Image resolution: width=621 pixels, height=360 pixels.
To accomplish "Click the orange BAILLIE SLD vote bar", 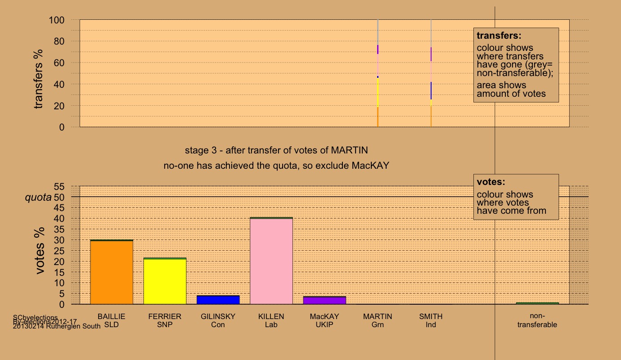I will tap(112, 272).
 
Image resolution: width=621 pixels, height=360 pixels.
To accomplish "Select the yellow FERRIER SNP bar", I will tap(165, 281).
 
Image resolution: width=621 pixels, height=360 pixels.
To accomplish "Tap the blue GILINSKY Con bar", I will tap(218, 300).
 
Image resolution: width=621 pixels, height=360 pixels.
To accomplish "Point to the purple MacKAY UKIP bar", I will tap(324, 300).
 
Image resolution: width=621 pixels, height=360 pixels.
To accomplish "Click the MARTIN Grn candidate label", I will tap(378, 320).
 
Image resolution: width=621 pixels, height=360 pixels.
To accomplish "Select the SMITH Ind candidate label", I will tap(431, 320).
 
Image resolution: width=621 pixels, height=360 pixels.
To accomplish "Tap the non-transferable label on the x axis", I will tap(537, 320).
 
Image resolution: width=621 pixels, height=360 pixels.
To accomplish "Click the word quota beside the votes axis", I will tap(38, 197).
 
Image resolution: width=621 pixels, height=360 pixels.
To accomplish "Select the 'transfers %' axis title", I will tap(39, 79).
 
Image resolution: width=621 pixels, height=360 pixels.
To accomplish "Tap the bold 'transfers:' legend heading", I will tap(499, 36).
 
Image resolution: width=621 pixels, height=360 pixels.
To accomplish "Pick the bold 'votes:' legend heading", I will tap(491, 182).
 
